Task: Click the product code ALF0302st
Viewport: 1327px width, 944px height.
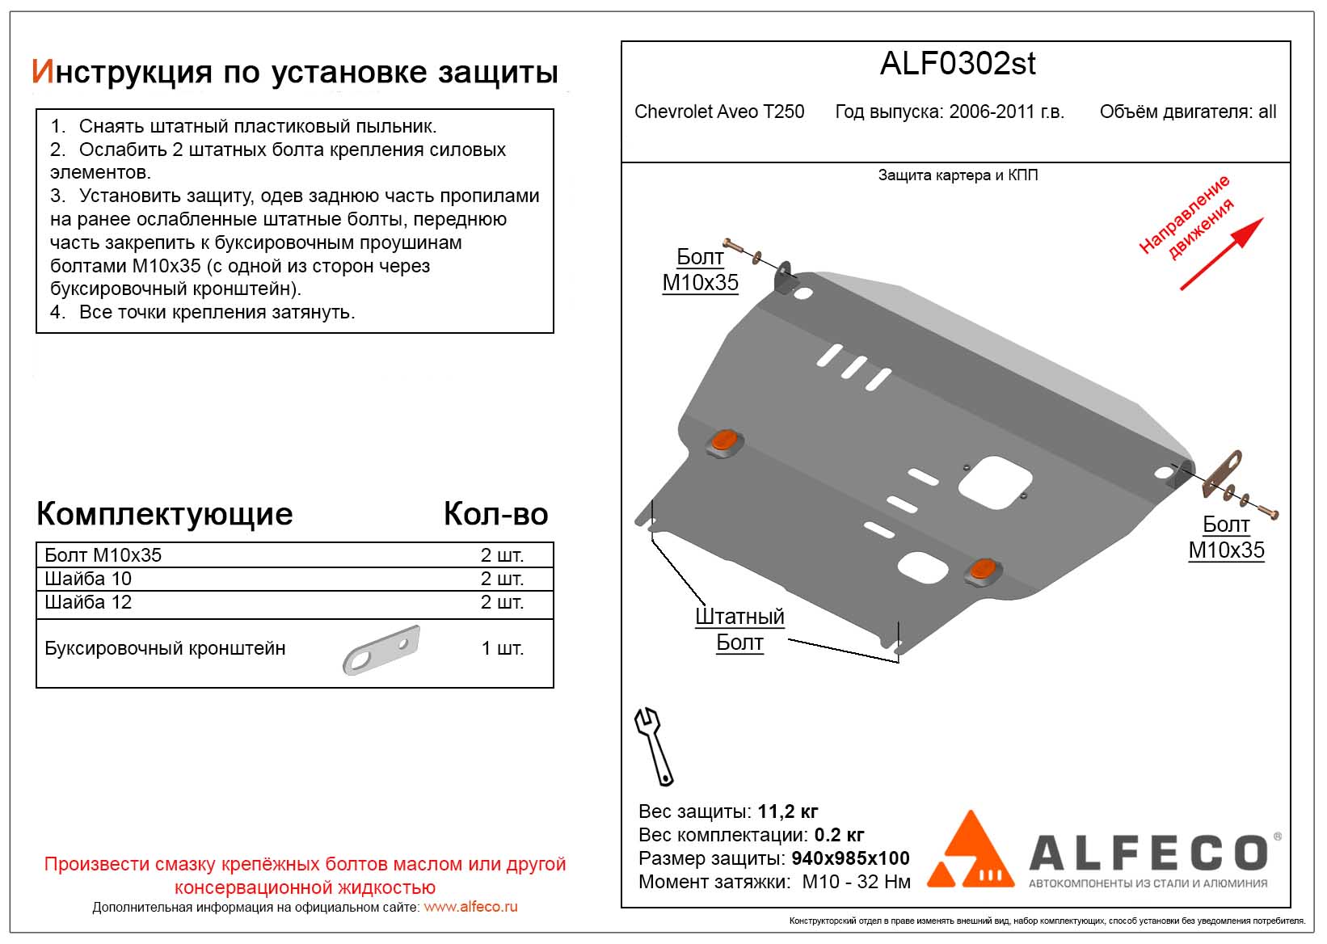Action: point(957,64)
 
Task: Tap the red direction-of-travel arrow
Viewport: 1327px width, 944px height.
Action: point(1222,254)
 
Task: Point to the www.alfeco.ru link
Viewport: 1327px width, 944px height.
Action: point(470,907)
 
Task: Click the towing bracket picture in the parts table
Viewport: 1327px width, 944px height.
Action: point(381,650)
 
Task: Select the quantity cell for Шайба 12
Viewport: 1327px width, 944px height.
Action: point(502,602)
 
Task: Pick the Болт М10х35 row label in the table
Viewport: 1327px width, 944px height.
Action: point(103,555)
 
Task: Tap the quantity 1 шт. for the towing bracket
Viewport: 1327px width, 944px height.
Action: point(502,648)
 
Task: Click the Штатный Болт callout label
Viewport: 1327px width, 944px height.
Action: point(739,630)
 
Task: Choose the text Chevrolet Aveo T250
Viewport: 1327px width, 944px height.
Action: point(719,112)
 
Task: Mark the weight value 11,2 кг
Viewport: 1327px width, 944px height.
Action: point(788,811)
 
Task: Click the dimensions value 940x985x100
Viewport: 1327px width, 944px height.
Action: point(850,858)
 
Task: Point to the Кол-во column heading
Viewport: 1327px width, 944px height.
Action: point(495,514)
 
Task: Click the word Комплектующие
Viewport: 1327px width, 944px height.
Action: point(165,514)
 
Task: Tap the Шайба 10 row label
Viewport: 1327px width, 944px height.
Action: point(88,579)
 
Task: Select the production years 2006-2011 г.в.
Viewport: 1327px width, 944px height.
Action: point(1006,112)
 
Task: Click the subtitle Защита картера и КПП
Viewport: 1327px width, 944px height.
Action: point(958,175)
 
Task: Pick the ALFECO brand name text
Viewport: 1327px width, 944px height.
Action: point(1148,853)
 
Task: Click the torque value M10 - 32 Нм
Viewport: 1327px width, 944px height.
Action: point(856,882)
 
